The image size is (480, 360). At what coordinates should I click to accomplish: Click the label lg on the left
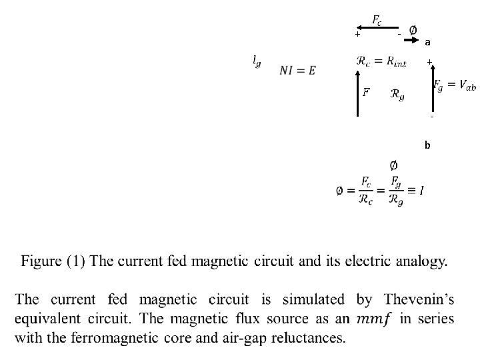[257, 61]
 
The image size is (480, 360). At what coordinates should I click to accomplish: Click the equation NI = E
[297, 71]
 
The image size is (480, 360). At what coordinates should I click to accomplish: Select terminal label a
[428, 42]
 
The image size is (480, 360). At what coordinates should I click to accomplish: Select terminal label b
[428, 145]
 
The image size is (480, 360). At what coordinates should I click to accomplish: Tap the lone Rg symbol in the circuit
[397, 95]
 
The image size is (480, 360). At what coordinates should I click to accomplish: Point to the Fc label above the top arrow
[377, 20]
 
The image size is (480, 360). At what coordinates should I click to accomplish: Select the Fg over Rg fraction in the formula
[395, 190]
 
